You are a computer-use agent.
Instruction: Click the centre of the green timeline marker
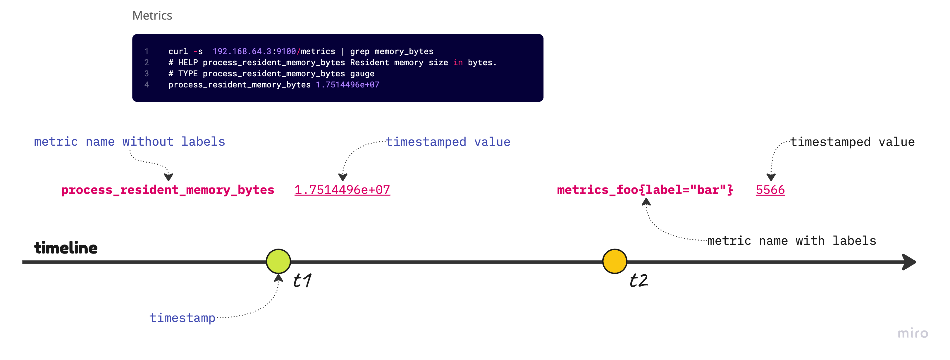coord(278,261)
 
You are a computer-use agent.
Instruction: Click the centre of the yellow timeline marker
coord(615,261)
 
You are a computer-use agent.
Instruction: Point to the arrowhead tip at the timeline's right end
coord(916,262)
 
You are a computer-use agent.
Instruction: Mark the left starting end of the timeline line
coord(23,262)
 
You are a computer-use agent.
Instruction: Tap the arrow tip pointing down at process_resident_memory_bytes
coord(168,181)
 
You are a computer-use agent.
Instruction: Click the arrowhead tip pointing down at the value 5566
coord(771,181)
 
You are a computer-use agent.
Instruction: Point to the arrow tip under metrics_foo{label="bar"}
coord(646,198)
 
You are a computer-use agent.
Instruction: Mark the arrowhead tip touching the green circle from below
coord(279,274)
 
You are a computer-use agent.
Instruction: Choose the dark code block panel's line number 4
coord(147,85)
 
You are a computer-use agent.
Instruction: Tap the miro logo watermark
coord(913,333)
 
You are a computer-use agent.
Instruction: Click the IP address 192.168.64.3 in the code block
coord(242,51)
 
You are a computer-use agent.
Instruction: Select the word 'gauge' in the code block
coord(362,74)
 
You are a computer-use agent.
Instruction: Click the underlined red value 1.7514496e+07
coord(342,190)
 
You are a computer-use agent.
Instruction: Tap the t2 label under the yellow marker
coord(639,280)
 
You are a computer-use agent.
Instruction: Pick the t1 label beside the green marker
coord(302,280)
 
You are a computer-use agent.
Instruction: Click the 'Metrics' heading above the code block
coord(152,15)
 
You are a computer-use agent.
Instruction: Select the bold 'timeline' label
coord(66,247)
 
